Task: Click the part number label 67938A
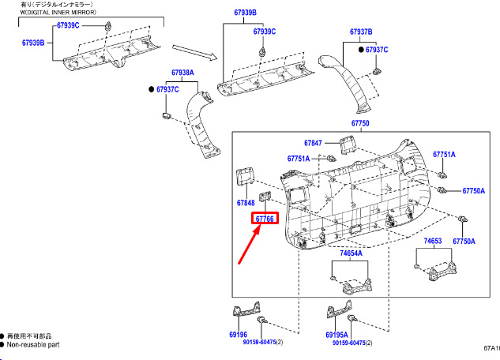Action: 182,73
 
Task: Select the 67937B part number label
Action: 361,32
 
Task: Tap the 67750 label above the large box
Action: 360,123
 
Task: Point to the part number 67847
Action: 313,143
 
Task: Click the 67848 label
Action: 246,203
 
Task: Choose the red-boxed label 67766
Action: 265,219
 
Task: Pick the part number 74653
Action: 432,241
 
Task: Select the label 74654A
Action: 351,253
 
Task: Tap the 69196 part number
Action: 238,335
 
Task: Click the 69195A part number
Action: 336,335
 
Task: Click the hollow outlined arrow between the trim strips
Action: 194,52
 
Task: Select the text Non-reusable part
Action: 33,345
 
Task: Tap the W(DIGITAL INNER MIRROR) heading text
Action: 58,13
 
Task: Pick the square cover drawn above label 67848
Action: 245,177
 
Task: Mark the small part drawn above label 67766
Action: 265,197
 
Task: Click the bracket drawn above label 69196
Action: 246,309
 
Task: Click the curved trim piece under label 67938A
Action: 201,124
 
